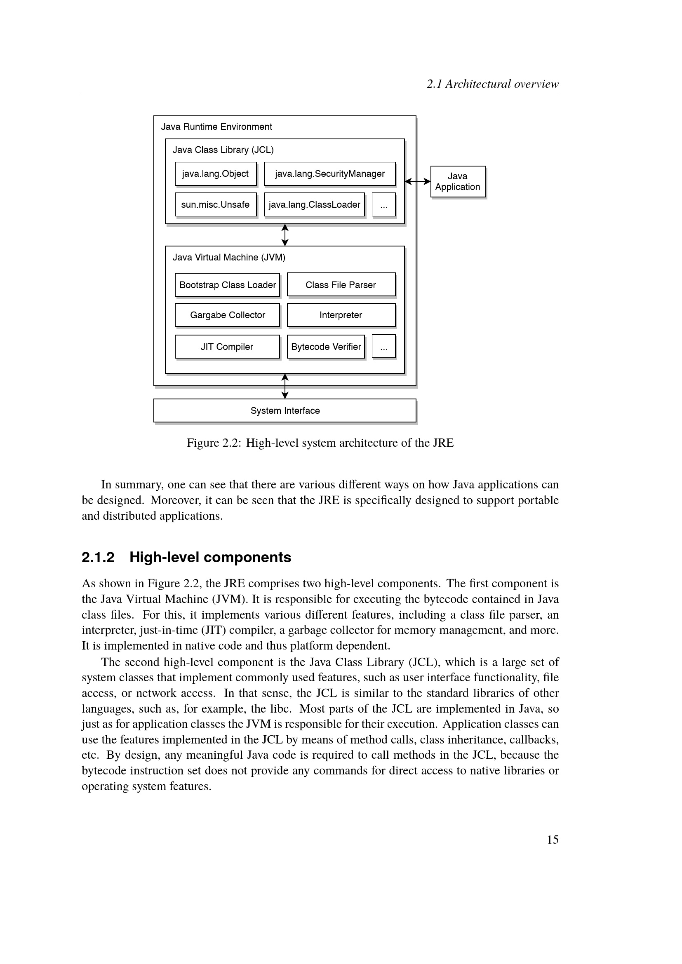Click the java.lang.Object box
(x=215, y=174)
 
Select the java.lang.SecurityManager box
(x=330, y=174)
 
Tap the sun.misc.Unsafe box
(x=215, y=204)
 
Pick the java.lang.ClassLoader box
(x=314, y=204)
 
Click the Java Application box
(x=458, y=181)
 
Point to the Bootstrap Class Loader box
(x=227, y=285)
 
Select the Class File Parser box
(x=341, y=285)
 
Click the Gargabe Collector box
(x=227, y=315)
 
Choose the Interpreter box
(x=341, y=315)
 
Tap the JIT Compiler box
(x=227, y=347)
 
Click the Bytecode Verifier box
(x=326, y=347)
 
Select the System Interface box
(x=285, y=410)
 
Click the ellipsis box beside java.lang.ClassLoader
(x=384, y=204)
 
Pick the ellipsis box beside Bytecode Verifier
(x=384, y=346)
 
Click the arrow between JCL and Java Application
(x=417, y=181)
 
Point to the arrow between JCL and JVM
(x=285, y=235)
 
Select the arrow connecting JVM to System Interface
(x=285, y=386)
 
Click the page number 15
(x=553, y=840)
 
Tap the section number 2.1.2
(x=98, y=557)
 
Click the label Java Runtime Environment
(x=216, y=127)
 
